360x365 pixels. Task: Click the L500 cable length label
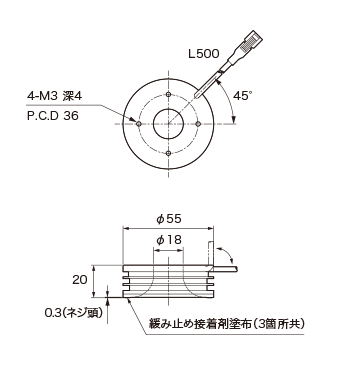[204, 54]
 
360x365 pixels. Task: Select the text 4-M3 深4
[54, 96]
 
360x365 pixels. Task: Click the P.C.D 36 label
[53, 116]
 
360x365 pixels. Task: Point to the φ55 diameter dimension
[169, 219]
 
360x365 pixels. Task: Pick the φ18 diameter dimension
[169, 240]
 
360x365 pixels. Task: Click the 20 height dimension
[80, 279]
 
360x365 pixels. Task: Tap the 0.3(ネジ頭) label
[73, 313]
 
